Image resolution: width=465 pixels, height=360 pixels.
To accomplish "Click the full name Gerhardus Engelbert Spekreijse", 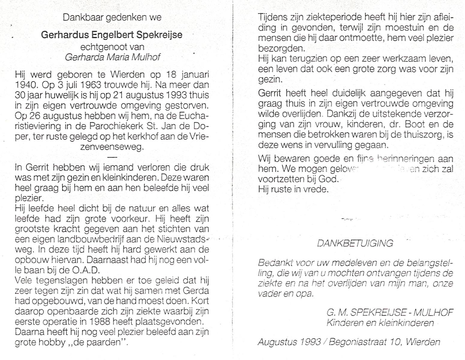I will click(112, 35).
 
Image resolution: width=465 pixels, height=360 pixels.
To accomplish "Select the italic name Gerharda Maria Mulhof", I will click(112, 57).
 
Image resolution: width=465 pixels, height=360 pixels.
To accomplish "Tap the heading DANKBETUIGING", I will click(355, 243).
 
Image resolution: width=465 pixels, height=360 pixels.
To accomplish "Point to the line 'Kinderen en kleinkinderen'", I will click(380, 323).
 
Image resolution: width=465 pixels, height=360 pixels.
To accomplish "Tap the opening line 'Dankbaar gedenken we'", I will click(112, 17).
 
